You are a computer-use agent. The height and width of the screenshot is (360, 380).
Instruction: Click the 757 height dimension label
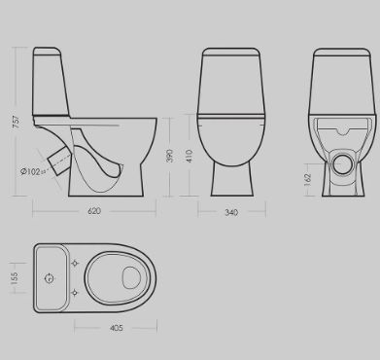16,122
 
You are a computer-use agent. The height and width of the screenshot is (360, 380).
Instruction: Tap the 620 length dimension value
94,211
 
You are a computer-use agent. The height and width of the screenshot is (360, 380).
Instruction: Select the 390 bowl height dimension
169,156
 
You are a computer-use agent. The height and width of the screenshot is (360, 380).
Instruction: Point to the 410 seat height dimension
190,156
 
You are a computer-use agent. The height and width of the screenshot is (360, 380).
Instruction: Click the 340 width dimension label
231,212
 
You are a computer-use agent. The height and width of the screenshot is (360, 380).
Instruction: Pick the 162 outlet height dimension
308,180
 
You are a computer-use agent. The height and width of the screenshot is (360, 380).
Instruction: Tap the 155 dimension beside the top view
15,278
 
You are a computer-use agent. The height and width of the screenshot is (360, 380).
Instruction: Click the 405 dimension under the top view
117,328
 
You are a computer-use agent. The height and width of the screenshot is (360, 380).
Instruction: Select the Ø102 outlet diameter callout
33,171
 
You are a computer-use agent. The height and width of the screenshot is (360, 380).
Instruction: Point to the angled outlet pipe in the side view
59,162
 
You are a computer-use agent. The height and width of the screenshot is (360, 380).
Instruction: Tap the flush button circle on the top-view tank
50,278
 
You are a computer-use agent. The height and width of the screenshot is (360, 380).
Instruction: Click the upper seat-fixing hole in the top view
75,263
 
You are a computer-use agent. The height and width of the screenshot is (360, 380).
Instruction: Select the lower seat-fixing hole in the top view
75,293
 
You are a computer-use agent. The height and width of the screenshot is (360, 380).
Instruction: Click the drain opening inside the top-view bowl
131,278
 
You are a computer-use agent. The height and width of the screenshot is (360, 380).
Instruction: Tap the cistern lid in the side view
47,52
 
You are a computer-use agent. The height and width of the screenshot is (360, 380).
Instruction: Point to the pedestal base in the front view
232,179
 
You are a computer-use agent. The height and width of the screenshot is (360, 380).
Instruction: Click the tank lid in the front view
231,53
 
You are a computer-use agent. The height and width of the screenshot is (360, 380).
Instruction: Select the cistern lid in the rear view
342,53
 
